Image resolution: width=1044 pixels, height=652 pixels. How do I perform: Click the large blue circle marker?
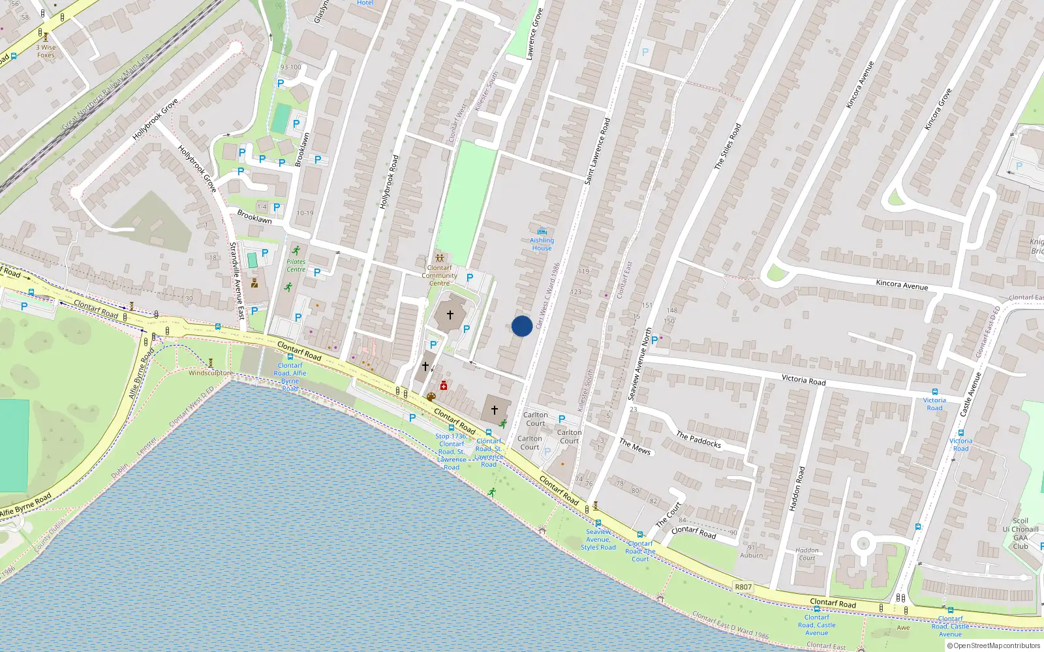tap(522, 326)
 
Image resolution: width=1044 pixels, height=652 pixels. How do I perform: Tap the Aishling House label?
tap(542, 244)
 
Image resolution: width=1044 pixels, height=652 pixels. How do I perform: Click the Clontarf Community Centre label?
tap(439, 275)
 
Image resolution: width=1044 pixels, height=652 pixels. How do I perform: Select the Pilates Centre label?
tap(296, 265)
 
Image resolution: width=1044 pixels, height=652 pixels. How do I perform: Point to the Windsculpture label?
tap(210, 373)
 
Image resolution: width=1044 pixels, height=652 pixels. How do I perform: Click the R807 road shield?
tap(743, 587)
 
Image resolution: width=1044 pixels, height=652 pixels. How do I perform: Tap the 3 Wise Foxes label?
tap(46, 51)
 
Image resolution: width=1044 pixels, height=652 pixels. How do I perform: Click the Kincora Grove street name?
tap(938, 109)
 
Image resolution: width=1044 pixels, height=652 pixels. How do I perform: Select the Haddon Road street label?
tap(797, 488)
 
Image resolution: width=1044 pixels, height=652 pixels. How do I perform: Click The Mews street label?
tap(635, 446)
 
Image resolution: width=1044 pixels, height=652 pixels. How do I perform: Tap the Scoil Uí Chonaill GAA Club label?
tap(1021, 533)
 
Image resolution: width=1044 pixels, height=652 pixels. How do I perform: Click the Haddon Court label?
tap(807, 554)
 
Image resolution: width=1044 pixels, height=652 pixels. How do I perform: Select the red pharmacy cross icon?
tap(444, 386)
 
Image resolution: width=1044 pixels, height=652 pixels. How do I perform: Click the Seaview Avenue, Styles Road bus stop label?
tap(598, 540)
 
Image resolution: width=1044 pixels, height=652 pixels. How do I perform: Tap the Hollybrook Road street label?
tap(389, 182)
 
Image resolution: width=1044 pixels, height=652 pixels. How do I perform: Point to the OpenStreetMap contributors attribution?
tap(994, 645)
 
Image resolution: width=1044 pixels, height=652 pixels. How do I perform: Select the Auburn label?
tap(751, 556)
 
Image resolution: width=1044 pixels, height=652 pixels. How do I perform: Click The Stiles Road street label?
tap(728, 147)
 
